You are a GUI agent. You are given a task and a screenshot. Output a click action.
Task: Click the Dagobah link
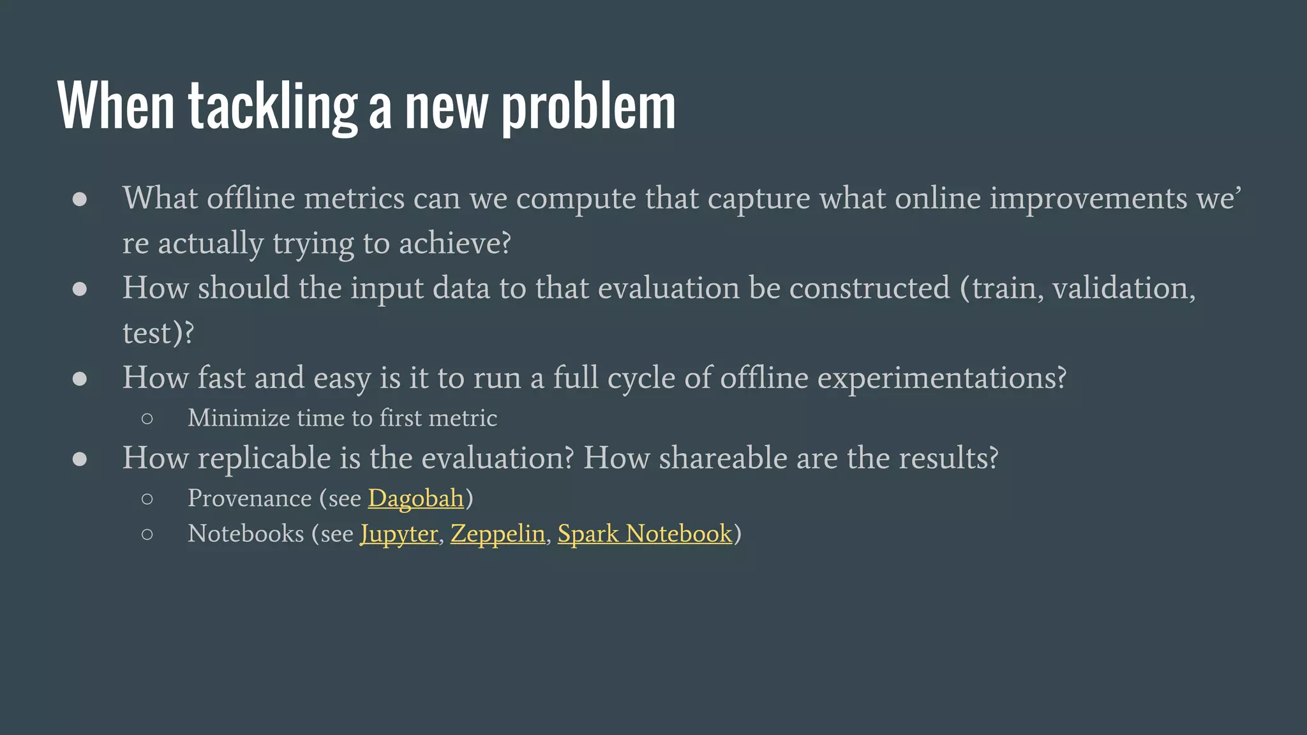click(415, 498)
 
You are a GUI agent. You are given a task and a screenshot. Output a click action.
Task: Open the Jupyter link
click(399, 534)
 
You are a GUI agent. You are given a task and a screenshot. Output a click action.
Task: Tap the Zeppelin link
click(498, 533)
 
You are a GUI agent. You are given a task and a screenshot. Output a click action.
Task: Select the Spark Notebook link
click(645, 533)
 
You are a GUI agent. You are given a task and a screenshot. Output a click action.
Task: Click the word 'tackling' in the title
click(273, 107)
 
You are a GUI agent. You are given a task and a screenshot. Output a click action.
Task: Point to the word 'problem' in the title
click(588, 107)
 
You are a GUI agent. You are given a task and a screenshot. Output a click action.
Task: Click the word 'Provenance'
click(250, 498)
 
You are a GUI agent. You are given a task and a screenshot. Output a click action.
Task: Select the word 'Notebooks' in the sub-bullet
click(246, 533)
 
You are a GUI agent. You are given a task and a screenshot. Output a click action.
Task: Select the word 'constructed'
click(869, 288)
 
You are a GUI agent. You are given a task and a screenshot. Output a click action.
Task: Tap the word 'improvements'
click(1088, 198)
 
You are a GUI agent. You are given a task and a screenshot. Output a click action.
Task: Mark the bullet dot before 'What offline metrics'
click(80, 199)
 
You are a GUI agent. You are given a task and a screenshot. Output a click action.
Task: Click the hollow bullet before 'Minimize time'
click(147, 419)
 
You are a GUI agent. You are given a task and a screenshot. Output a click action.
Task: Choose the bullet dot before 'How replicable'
click(80, 459)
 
